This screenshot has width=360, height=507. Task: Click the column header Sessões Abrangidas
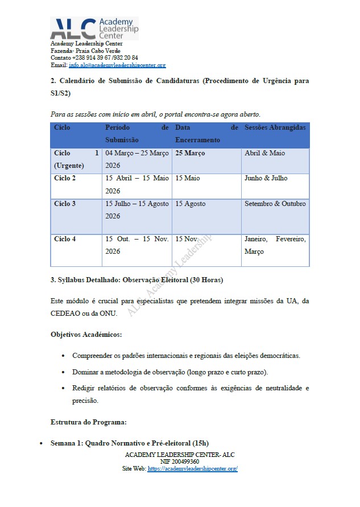point(275,128)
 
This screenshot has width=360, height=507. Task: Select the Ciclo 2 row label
point(65,178)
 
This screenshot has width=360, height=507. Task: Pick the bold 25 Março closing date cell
point(190,153)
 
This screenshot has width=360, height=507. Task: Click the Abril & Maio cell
point(264,153)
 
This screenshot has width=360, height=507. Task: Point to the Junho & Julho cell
point(266,178)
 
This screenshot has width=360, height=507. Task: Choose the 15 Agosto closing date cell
point(191,204)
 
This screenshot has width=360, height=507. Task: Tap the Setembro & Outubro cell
point(275,204)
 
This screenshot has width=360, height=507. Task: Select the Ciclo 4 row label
point(65,239)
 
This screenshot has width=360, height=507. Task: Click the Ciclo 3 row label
point(65,204)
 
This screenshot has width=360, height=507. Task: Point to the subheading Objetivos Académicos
point(86,334)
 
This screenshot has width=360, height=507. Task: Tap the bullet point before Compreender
point(63,356)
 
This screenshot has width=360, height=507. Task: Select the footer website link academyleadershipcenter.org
point(192,469)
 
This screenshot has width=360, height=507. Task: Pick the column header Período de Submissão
point(137,134)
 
